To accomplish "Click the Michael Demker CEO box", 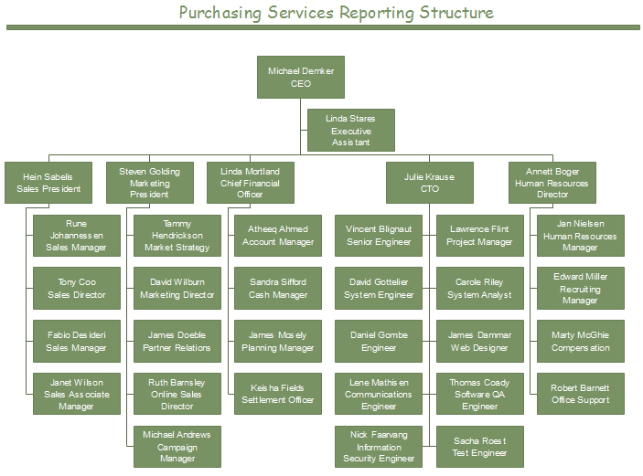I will tap(301, 77).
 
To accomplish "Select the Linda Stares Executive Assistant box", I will tap(351, 131).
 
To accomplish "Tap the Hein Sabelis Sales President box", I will tap(48, 183).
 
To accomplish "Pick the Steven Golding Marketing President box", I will tap(149, 183).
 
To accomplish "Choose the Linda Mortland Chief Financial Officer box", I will tap(250, 183).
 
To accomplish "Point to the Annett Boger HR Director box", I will tap(552, 183).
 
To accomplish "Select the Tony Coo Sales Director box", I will tap(77, 289).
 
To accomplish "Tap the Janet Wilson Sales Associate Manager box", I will tap(77, 394).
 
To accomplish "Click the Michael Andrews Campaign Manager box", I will tap(177, 447).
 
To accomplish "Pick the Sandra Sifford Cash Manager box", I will tap(278, 289).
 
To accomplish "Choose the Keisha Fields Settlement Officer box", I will tap(278, 394).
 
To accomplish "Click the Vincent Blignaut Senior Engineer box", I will tap(379, 236).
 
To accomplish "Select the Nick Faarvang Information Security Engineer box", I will tap(379, 447).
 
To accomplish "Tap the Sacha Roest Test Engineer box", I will tap(480, 447).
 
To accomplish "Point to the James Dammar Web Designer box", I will tap(480, 342).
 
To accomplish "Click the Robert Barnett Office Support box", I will tap(581, 394).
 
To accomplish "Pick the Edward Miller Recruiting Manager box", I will tap(581, 289).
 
